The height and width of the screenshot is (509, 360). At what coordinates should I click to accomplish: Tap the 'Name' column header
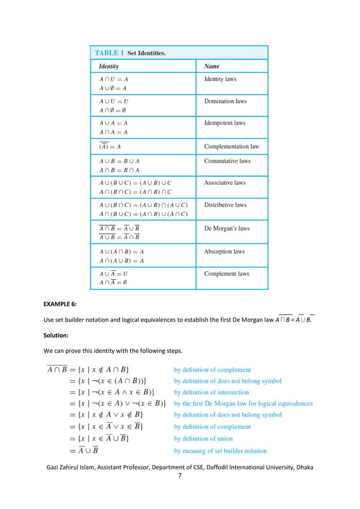(x=212, y=67)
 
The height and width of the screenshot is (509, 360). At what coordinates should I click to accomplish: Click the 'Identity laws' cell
(x=220, y=79)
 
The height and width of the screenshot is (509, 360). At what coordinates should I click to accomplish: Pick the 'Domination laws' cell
(x=225, y=102)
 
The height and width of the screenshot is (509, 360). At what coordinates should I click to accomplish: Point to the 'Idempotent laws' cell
(x=225, y=123)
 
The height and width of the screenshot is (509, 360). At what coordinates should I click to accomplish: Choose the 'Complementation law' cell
(x=231, y=147)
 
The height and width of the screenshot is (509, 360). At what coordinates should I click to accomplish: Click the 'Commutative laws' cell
(x=227, y=161)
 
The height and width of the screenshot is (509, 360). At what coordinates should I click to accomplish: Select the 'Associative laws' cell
(x=225, y=183)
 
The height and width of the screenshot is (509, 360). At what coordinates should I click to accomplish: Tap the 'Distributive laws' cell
(x=225, y=205)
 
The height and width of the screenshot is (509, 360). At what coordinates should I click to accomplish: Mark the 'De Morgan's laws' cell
(x=226, y=229)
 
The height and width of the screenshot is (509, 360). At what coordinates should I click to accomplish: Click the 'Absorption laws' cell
(x=224, y=252)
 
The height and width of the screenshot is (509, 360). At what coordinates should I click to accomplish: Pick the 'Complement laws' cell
(x=226, y=274)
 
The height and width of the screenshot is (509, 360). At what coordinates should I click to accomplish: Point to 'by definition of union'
(x=203, y=438)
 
